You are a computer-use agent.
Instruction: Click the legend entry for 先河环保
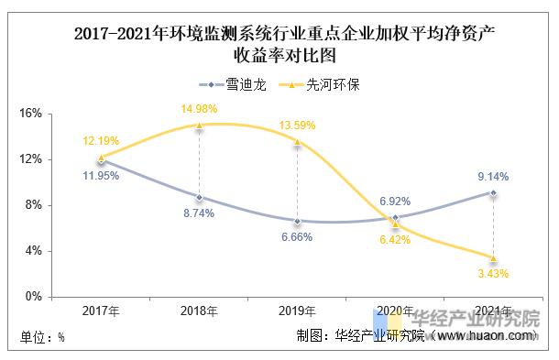coord(317,84)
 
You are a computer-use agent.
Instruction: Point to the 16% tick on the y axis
coord(30,114)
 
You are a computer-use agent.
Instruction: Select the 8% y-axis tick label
coord(33,205)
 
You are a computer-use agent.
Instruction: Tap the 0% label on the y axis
coord(33,297)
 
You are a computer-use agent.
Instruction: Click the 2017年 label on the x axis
coord(101,311)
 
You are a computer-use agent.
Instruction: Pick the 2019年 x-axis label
coord(297,311)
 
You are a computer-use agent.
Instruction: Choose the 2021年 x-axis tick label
coord(493,311)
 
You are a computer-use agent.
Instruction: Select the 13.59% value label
coord(296,125)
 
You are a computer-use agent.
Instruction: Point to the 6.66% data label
coord(296,236)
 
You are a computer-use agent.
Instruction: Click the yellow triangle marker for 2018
coord(199,126)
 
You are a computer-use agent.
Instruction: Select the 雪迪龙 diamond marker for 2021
coord(493,192)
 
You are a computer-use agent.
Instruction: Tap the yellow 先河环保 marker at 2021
coord(493,257)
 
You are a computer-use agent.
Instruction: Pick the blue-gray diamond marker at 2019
coord(297,221)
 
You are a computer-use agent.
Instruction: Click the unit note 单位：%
coord(42,336)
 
